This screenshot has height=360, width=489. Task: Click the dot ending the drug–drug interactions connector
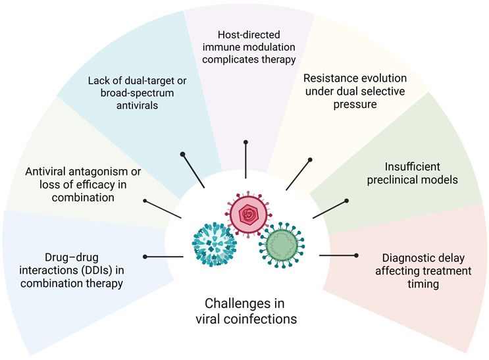pyautogui.click(x=145, y=256)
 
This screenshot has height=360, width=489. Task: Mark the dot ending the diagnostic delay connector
pyautogui.click(x=356, y=255)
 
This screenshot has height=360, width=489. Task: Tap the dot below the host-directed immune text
pyautogui.click(x=245, y=141)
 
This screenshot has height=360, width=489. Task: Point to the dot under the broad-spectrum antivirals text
pyautogui.click(x=183, y=155)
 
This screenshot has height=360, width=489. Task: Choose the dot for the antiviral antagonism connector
pyautogui.click(x=145, y=201)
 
